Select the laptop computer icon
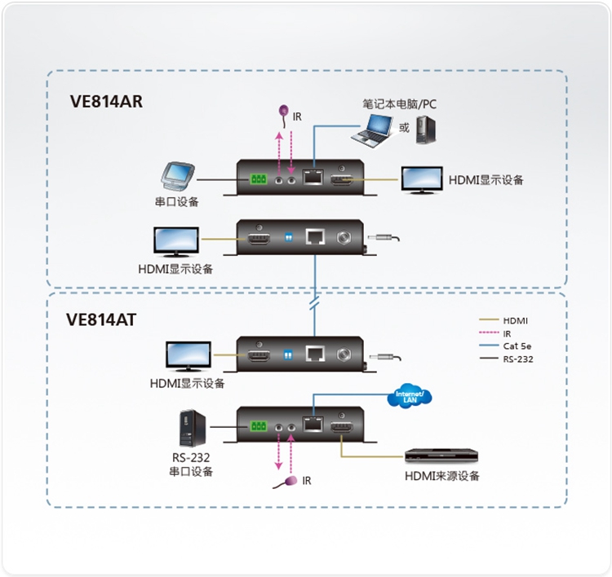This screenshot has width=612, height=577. point(371,130)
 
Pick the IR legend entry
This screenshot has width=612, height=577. point(507,333)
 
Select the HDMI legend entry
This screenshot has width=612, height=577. point(515,321)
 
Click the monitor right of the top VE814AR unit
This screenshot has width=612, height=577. point(421,179)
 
